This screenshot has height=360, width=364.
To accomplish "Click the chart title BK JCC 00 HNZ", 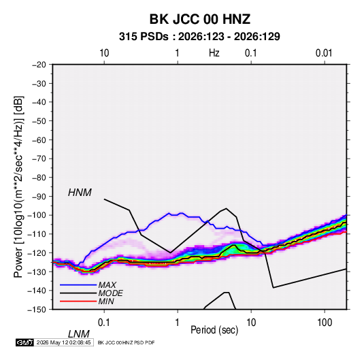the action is (x=199, y=19).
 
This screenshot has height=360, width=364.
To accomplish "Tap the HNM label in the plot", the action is (x=80, y=193).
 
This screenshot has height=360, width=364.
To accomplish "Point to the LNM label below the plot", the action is (x=78, y=334).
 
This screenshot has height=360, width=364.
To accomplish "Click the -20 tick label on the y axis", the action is (x=39, y=65).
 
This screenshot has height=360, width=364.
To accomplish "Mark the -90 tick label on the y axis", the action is (x=39, y=197).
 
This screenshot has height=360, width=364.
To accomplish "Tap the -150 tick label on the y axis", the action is (x=37, y=310).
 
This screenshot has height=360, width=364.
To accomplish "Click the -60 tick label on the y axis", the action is (x=39, y=140).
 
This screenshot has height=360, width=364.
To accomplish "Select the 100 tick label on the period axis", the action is (x=325, y=323).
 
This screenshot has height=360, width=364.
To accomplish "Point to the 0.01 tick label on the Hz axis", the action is (x=324, y=53).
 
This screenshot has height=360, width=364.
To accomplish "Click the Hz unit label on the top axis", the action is (x=214, y=53).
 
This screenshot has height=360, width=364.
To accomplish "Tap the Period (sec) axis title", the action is (x=214, y=330).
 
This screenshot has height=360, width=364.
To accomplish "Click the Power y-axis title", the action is (x=18, y=186).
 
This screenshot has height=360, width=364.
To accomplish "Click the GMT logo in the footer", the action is (x=24, y=342).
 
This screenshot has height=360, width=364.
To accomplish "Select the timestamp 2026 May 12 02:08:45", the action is (x=63, y=342).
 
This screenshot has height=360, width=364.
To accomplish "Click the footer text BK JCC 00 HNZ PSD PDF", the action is (x=126, y=342).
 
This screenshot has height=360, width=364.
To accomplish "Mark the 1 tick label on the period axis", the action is (x=177, y=323).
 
